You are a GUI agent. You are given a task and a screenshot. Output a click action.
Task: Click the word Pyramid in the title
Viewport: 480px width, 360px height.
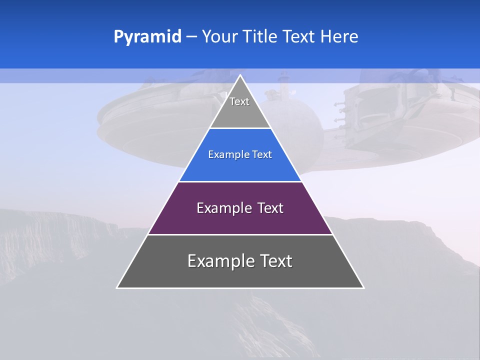pos(147,37)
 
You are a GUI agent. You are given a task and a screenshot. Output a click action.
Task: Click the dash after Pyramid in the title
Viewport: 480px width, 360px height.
pos(191,37)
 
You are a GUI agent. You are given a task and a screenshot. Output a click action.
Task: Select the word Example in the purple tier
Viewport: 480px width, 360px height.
pos(223,208)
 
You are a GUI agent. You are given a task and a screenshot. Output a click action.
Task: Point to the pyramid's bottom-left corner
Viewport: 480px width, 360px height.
pos(117,287)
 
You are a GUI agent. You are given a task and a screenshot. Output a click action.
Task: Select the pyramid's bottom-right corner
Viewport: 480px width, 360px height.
pos(363,287)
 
